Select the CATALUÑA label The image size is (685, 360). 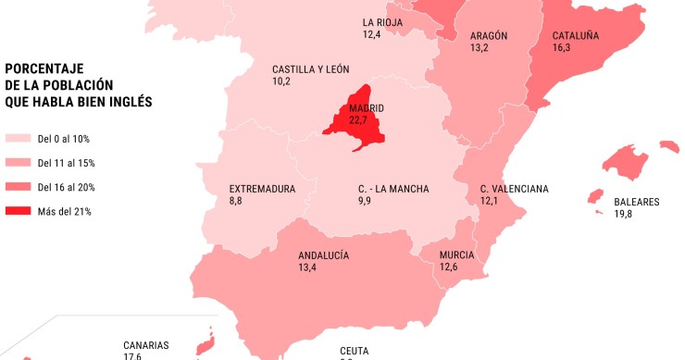tap(576, 37)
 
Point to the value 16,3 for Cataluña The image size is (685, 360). tap(562, 49)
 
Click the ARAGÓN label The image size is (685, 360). tap(489, 36)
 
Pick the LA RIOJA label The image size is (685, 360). tap(382, 22)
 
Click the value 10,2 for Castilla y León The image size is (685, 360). tap(281, 81)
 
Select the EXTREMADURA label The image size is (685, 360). tap(263, 190)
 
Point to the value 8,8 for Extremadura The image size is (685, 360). tap(237, 201)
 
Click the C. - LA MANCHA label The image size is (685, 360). tap(393, 190)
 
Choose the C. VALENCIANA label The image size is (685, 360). tap(514, 190)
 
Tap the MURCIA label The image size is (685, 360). tap(457, 255)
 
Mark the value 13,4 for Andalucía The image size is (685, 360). tap(307, 267)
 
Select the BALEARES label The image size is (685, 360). tap(637, 202)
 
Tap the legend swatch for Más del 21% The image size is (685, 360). tap(18, 211)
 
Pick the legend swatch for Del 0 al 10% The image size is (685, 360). tap(18, 139)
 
